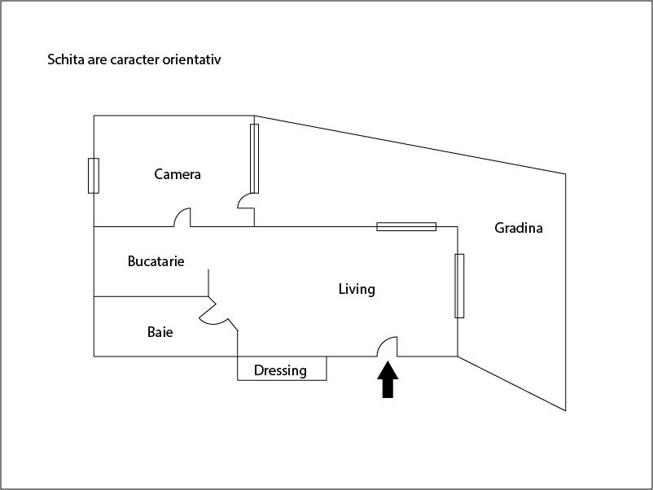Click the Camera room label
177,174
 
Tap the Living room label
357,289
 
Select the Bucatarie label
156,261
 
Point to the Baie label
160,332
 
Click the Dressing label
280,370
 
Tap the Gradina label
519,228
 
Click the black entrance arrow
388,380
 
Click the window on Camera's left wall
94,175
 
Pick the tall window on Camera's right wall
254,158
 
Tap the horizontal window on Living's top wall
405,226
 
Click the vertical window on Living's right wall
459,286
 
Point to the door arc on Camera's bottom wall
182,217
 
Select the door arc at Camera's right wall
244,201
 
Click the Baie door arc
213,317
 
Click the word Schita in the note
68,60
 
